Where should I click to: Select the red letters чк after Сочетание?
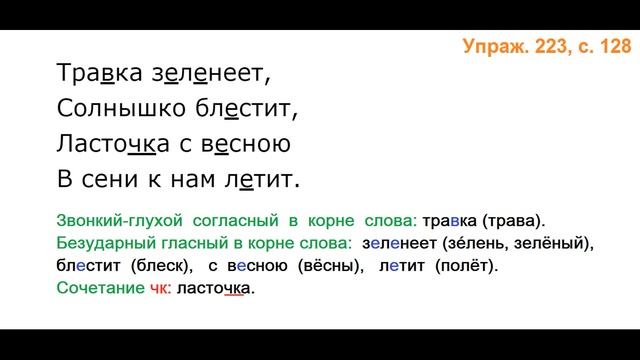pos(159,289)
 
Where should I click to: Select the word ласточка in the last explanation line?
pos(216,289)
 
